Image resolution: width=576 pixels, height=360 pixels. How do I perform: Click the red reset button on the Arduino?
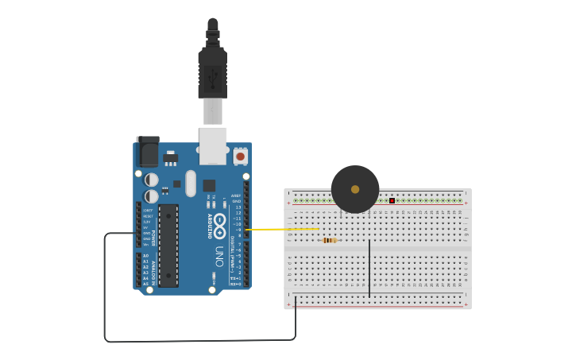click(x=240, y=157)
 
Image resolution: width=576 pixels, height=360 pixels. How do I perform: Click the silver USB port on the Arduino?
click(x=213, y=146)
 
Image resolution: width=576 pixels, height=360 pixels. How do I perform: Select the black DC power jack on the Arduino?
click(x=148, y=151)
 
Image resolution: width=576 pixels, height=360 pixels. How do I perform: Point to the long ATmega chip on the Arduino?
click(x=168, y=245)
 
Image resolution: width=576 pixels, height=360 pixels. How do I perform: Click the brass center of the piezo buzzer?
click(x=355, y=189)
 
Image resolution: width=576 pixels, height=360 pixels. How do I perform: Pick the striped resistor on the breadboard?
click(x=329, y=240)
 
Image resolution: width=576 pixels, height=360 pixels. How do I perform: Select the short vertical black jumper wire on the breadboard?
click(x=369, y=269)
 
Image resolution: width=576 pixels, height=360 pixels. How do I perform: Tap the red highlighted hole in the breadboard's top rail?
click(x=392, y=200)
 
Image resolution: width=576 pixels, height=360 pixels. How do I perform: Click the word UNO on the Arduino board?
click(x=218, y=255)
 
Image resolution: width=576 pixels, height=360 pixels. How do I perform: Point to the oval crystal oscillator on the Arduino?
click(x=191, y=184)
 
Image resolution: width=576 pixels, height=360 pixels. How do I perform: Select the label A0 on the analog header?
click(x=145, y=256)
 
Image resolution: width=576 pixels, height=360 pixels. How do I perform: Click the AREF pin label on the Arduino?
click(x=236, y=195)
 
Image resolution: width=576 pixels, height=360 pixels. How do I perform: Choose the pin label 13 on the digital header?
click(x=238, y=207)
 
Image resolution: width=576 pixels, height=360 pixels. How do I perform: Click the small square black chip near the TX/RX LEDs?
click(x=209, y=185)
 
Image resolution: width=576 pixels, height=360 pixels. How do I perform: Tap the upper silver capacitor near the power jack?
click(x=151, y=180)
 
